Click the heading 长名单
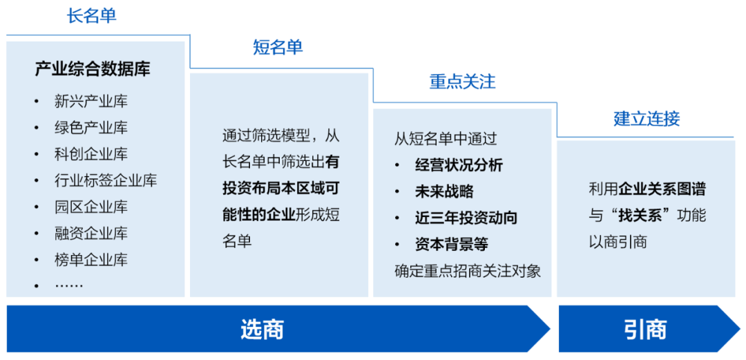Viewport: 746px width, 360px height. coord(91,16)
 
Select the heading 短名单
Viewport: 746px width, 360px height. coord(278,48)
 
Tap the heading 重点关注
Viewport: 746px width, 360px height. coord(462,82)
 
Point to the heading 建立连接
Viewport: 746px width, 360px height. coord(647,119)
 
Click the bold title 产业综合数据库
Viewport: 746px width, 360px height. coord(93,70)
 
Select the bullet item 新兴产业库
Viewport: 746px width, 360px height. coord(91,102)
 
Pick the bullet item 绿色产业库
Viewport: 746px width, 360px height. coord(91,128)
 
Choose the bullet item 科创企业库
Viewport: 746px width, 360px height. coord(91,154)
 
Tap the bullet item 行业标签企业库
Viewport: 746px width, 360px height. coord(106,181)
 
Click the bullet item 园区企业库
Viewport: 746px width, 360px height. coord(91,207)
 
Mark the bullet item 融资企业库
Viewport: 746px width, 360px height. coord(91,234)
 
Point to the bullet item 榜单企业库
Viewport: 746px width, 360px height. coord(91,260)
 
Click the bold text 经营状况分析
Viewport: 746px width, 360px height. coord(459,165)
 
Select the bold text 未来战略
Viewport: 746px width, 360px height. coord(444,191)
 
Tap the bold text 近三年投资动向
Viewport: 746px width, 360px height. coord(466,218)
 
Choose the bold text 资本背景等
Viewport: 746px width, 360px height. coord(452,245)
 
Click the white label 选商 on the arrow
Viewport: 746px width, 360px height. coord(262,329)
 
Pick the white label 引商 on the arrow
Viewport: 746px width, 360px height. coord(646,329)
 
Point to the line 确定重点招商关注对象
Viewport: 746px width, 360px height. coord(468,271)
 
